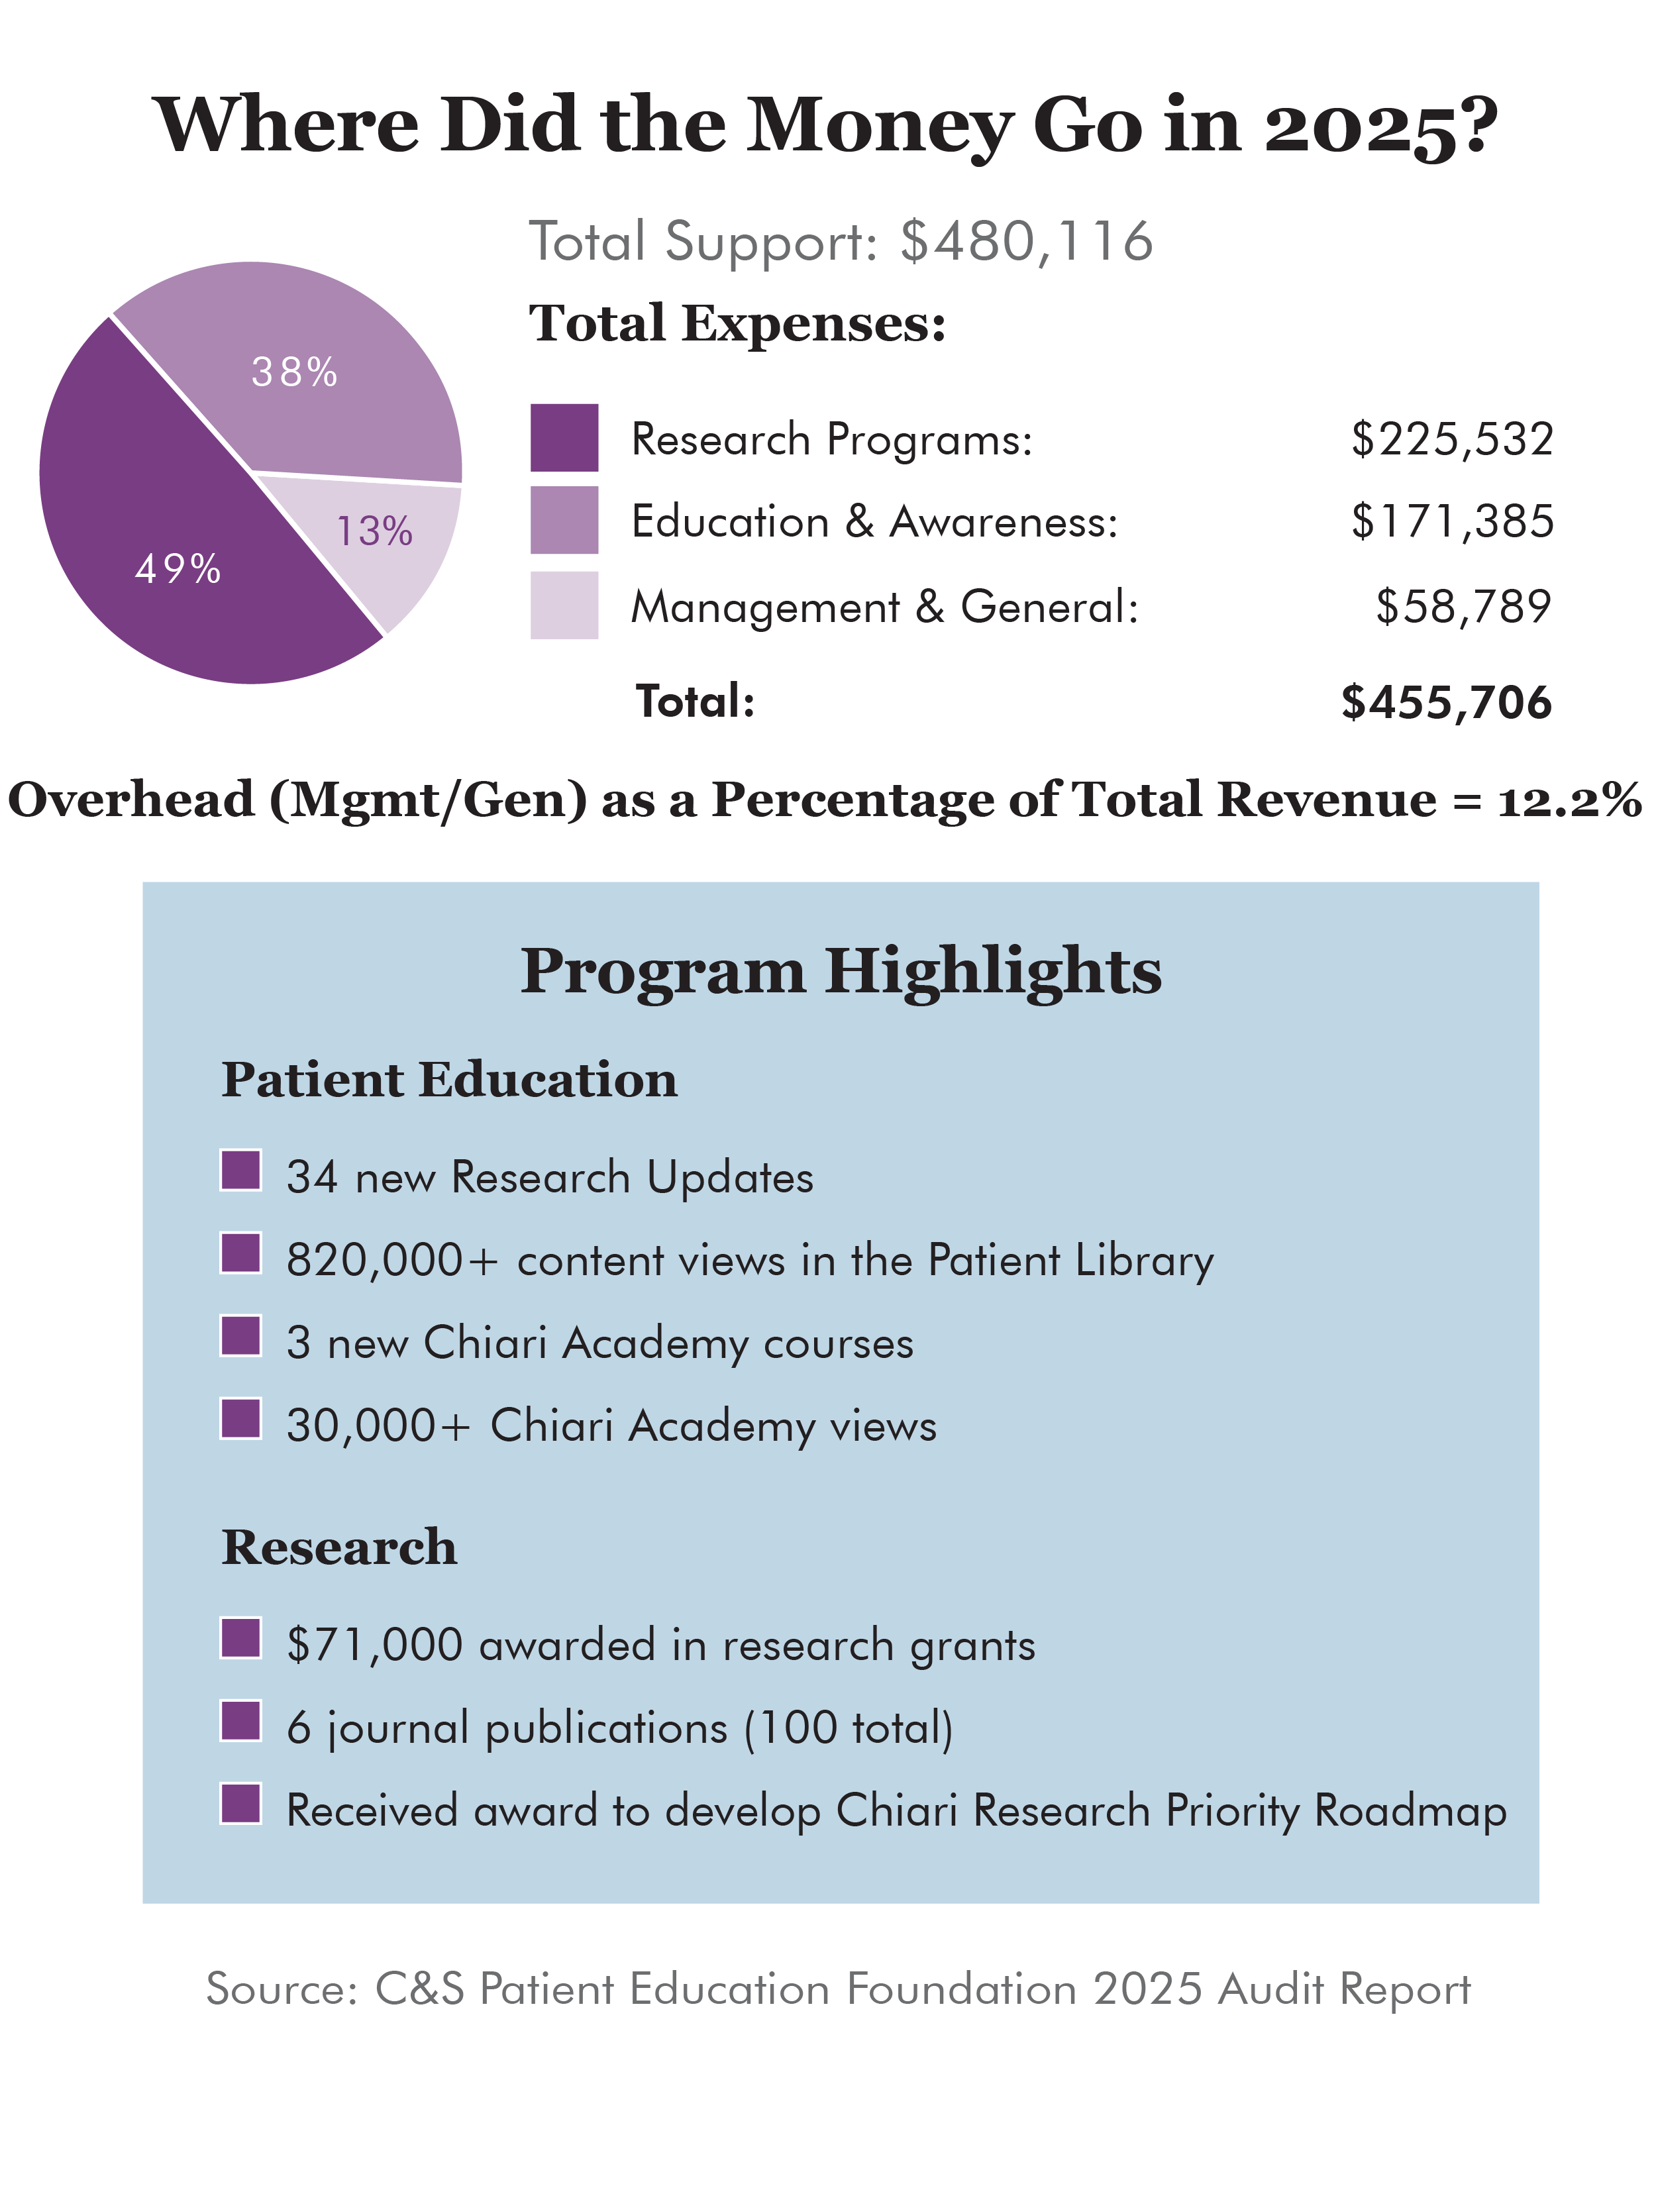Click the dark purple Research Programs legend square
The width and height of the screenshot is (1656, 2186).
tap(564, 438)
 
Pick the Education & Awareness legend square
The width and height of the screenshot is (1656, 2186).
tap(564, 520)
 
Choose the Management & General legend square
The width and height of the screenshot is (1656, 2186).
tap(564, 605)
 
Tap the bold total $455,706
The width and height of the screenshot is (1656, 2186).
tap(1447, 702)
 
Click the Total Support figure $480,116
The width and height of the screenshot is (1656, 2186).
tap(1027, 241)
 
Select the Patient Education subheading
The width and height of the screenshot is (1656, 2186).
tap(450, 1079)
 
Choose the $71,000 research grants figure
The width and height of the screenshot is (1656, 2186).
tap(374, 1644)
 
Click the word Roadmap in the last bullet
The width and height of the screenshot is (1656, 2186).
tap(1411, 1810)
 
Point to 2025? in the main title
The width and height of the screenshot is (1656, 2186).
tap(1381, 127)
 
